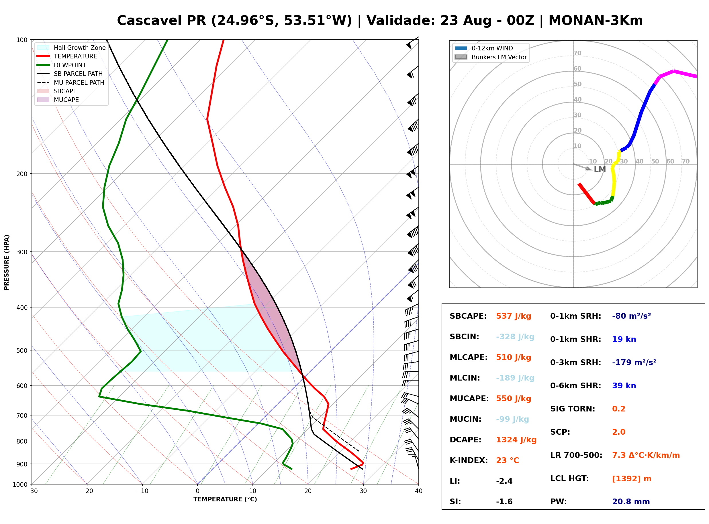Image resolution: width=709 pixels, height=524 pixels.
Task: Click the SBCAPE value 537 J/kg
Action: [514, 316]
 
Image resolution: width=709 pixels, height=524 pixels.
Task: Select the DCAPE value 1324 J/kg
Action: [516, 440]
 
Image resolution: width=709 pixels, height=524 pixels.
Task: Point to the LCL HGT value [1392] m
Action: [632, 479]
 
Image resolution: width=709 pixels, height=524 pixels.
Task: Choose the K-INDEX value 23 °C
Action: [508, 460]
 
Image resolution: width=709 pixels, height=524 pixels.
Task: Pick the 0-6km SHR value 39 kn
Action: [624, 386]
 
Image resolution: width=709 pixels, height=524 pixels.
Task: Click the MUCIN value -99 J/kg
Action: [513, 419]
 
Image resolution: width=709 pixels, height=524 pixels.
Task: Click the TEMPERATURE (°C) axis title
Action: [225, 499]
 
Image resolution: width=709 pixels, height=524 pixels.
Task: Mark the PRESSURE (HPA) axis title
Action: [7, 262]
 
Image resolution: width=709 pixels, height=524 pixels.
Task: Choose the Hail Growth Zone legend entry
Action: [71, 48]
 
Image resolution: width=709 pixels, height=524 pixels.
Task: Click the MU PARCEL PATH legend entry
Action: [70, 82]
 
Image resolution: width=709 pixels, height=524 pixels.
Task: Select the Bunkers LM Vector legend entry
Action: [491, 57]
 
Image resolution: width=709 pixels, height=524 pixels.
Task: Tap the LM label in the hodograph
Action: [600, 170]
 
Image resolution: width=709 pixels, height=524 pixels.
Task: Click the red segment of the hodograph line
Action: [586, 194]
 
